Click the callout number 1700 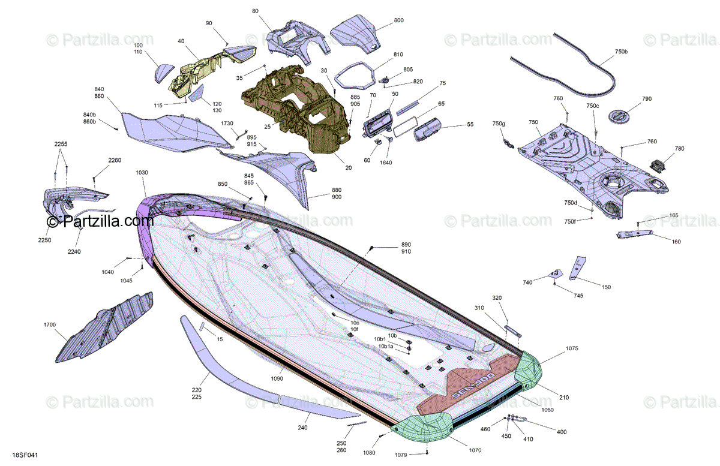coord(49,324)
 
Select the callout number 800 coord(398,20)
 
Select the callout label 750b coord(622,52)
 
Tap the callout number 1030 coord(142,173)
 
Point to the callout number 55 coord(470,125)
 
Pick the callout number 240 coord(302,428)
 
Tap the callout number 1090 coord(277,378)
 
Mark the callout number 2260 coord(114,160)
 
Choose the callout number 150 coord(606,287)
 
